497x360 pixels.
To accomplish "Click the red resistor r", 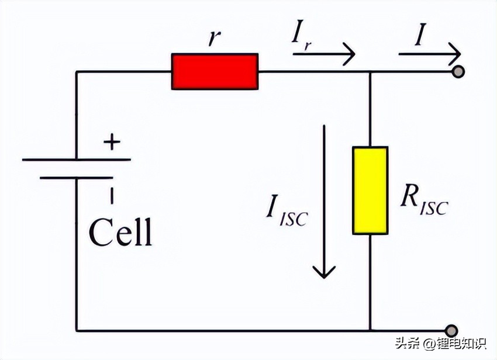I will (214, 71).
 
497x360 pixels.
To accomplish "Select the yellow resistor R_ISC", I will (370, 190).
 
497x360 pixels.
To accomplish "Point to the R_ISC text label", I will (422, 202).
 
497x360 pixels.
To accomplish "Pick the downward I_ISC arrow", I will (324, 199).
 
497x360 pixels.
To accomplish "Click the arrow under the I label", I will (430, 56).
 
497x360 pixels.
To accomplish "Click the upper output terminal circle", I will (459, 72).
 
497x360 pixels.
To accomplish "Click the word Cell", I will (120, 233).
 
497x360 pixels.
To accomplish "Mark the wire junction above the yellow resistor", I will (370, 72).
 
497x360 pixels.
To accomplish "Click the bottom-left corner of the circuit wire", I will (77, 331).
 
